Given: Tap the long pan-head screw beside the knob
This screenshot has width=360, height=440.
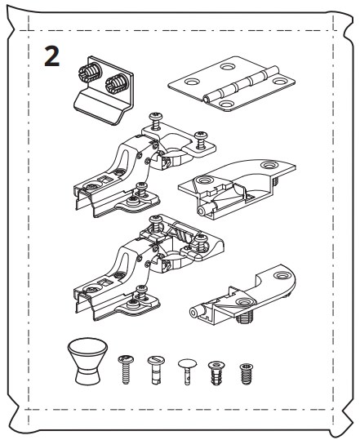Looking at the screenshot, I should click(127, 369).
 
